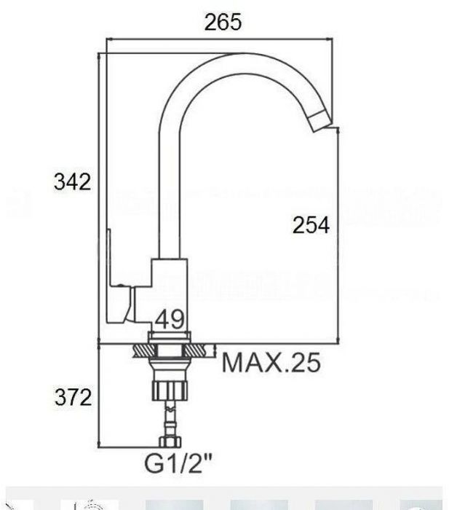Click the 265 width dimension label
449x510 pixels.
223,22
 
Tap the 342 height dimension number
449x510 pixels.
72,181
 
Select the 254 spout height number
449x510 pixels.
311,224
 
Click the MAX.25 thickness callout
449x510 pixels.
271,363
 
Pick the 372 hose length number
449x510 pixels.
73,397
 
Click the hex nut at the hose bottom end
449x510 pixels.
170,442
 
